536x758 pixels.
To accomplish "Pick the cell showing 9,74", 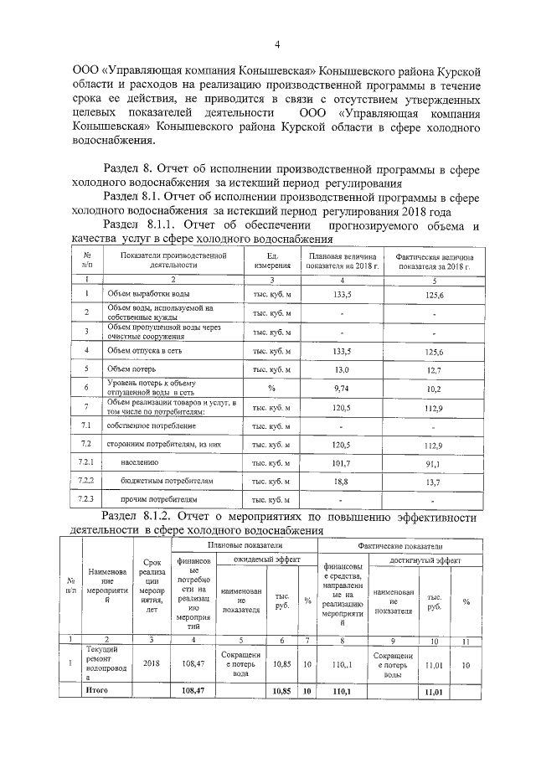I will (340, 388).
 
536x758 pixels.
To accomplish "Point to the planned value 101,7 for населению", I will (340, 462).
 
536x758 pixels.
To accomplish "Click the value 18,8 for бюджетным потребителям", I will (340, 481).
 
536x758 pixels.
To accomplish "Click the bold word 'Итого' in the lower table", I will (98, 691).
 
